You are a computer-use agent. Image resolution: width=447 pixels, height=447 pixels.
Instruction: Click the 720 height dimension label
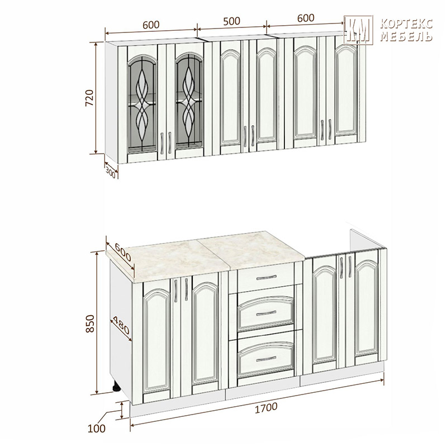click(89, 98)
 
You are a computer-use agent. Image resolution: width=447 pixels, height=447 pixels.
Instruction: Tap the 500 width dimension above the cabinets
click(231, 21)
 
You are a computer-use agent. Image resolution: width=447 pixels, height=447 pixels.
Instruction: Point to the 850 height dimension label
click(90, 324)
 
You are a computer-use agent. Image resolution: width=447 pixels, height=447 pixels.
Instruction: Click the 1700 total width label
click(266, 407)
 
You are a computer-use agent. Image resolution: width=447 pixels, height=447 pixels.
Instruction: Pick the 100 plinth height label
click(96, 429)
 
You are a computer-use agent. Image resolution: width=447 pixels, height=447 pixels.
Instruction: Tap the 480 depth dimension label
click(121, 325)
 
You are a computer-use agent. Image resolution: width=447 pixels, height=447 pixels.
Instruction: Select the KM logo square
click(358, 30)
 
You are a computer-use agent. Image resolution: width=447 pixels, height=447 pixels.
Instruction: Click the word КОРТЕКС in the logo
click(407, 24)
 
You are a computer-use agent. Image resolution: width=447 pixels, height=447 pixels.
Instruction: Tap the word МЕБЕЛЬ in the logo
click(407, 36)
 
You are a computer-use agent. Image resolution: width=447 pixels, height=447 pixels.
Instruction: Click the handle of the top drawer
click(267, 277)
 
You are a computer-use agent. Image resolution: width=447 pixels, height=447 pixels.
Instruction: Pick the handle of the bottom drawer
click(267, 359)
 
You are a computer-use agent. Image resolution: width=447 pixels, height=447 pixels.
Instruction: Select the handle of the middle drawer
click(267, 313)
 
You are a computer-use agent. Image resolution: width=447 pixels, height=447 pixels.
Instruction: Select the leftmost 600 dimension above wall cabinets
click(151, 25)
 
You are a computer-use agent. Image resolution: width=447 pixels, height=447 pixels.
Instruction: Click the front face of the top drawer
click(266, 277)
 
